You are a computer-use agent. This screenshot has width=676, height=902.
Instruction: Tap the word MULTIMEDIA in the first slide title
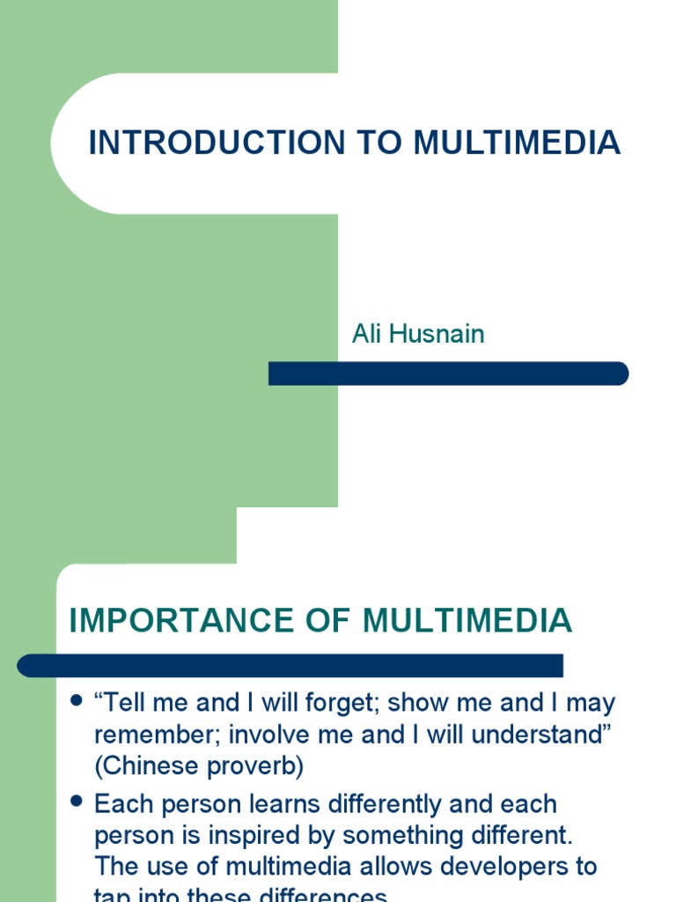(x=518, y=143)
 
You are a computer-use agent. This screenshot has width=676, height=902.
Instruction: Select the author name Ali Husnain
(x=418, y=335)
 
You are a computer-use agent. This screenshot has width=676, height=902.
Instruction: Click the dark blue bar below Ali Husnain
(x=448, y=373)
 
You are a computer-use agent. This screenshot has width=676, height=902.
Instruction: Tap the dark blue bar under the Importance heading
(x=290, y=665)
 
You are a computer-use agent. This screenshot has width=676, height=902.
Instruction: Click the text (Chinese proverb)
(x=199, y=766)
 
